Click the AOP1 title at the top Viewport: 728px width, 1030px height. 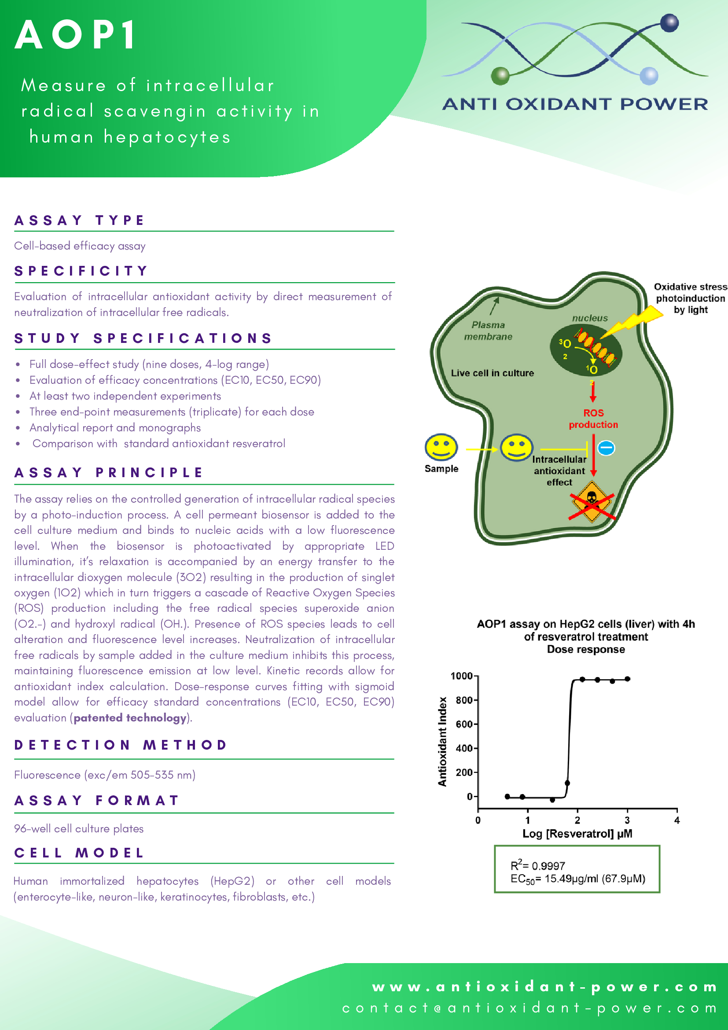75,35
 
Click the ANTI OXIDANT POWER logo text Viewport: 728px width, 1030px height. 574,104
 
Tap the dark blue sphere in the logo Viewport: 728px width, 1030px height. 669,23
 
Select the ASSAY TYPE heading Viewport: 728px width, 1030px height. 79,220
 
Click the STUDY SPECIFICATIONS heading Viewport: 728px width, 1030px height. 143,338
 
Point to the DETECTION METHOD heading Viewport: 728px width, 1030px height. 121,745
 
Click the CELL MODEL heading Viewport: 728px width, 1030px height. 79,853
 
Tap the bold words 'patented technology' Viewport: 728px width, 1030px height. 130,718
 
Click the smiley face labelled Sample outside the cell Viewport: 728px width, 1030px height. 441,447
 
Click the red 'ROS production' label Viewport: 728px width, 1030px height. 593,419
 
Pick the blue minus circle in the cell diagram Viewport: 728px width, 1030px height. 606,448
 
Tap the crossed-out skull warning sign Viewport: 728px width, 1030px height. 592,502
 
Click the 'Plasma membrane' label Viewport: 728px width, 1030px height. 488,331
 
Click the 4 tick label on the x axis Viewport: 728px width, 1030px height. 677,820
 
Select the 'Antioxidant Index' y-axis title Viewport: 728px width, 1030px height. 442,741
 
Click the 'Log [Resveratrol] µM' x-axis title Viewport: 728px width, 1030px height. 577,834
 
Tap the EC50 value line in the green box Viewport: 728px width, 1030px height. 577,879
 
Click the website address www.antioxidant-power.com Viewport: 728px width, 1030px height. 544,987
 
